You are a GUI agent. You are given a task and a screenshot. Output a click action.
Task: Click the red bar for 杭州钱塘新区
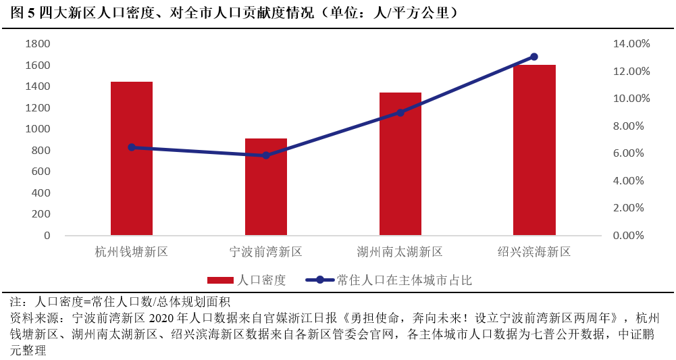click(132, 159)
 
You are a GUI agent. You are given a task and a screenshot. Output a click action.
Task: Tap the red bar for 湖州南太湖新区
click(400, 164)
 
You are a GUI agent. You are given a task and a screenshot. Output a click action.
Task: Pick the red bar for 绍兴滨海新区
click(534, 150)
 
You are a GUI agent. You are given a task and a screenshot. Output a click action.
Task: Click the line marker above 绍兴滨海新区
click(534, 57)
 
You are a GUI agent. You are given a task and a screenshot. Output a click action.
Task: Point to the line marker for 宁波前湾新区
click(266, 155)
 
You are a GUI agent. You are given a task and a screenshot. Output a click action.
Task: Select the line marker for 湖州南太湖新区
click(400, 113)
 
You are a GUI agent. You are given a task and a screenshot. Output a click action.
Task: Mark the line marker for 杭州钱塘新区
click(132, 147)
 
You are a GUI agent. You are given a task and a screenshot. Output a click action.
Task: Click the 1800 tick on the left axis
click(38, 44)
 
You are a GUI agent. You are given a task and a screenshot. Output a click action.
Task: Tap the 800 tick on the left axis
click(41, 150)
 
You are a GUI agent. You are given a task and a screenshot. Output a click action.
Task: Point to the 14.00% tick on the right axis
click(631, 44)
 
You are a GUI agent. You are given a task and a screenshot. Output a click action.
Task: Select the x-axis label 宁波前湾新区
click(266, 253)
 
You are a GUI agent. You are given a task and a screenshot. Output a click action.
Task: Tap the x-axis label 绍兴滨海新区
click(534, 253)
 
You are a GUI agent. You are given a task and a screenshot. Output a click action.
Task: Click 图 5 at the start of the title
click(24, 13)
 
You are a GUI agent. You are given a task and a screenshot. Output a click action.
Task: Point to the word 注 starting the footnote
click(18, 302)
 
